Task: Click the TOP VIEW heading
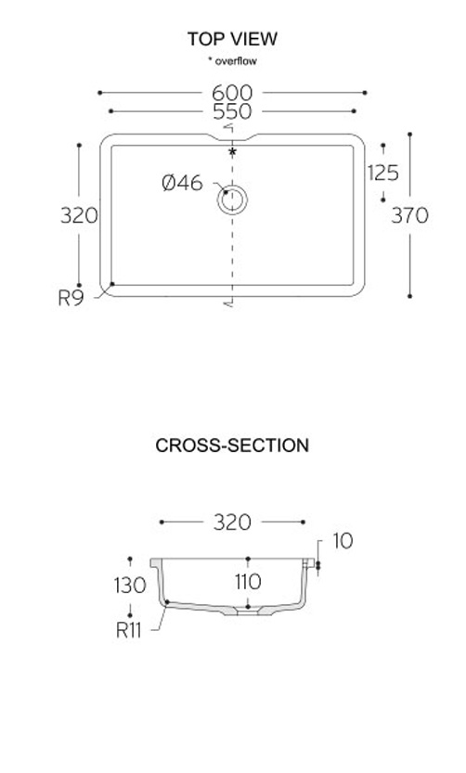click(x=232, y=39)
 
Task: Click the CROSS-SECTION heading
click(x=232, y=445)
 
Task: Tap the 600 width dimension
click(x=232, y=93)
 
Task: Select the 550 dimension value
click(x=232, y=111)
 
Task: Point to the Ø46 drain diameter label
click(x=182, y=183)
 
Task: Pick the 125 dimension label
click(x=383, y=173)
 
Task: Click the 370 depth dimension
click(x=409, y=215)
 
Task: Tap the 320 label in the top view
click(x=79, y=215)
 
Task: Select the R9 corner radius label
click(x=71, y=298)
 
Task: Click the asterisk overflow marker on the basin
click(x=232, y=152)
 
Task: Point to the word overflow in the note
click(x=236, y=61)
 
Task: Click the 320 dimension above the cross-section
click(x=232, y=522)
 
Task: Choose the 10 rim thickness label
click(x=343, y=541)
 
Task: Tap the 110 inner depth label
click(x=248, y=582)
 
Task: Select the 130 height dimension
click(x=130, y=586)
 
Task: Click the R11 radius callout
click(x=128, y=630)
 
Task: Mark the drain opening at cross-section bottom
click(x=248, y=612)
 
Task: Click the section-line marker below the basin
click(x=228, y=303)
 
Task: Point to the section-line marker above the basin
click(x=228, y=128)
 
